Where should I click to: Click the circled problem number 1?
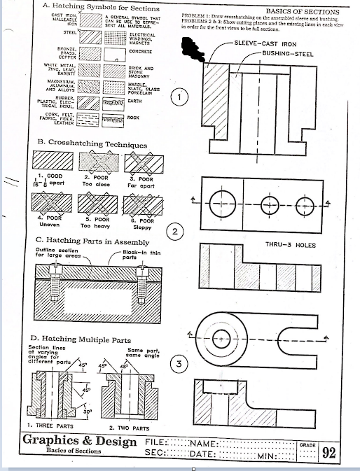181,97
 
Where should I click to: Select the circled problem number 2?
176,232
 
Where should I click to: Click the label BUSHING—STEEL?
287,53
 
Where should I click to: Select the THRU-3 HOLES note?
291,245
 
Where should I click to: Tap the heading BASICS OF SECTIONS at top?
302,12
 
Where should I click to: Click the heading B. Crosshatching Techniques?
92,144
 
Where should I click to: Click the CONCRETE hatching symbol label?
141,52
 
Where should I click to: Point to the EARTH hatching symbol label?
136,101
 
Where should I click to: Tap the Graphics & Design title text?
81,441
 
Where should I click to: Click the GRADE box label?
307,444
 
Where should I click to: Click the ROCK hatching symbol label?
134,118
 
